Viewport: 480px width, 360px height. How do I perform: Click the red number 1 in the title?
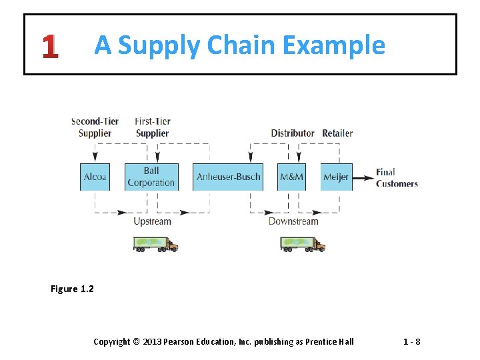point(49,46)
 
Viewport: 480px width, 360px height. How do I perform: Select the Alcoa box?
point(95,177)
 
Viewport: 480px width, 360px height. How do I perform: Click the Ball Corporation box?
point(151,177)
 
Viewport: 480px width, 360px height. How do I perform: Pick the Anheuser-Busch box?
point(228,177)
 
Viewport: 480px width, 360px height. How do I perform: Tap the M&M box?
point(291,177)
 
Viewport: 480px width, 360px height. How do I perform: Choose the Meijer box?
point(336,177)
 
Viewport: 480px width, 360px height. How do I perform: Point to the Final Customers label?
point(397,177)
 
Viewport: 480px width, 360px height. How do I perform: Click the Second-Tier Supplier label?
point(95,127)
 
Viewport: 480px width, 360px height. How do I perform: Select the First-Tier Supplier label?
point(153,127)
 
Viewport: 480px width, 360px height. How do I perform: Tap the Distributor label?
point(293,133)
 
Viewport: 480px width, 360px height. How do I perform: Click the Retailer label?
point(337,133)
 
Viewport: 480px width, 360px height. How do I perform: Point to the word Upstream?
point(152,221)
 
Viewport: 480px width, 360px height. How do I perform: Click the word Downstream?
point(293,221)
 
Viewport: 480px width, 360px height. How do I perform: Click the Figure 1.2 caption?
point(72,289)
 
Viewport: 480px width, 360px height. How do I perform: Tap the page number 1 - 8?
point(411,342)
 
